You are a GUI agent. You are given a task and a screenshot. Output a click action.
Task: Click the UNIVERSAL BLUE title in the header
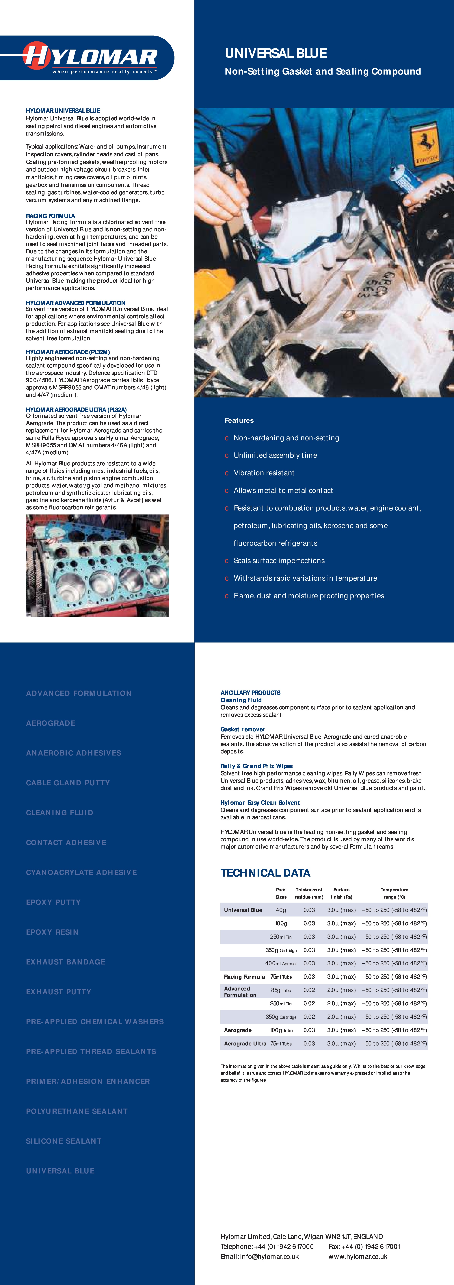tap(276, 53)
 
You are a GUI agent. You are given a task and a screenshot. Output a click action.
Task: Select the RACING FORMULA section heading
tap(50, 216)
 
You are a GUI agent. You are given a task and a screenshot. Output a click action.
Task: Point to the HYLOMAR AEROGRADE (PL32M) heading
tap(68, 352)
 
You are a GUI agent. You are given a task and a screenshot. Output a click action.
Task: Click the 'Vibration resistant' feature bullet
tap(264, 473)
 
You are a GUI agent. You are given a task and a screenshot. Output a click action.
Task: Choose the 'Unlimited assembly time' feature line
tap(275, 456)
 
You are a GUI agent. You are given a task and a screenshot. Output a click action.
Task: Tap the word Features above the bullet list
tap(239, 421)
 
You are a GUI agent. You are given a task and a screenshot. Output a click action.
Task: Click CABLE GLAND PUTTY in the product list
tap(68, 783)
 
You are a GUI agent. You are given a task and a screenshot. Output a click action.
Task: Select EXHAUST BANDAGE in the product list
tap(66, 962)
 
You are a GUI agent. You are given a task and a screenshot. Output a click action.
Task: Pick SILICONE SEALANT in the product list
tap(64, 1141)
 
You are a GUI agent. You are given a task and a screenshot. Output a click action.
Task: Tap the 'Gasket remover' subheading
tap(242, 729)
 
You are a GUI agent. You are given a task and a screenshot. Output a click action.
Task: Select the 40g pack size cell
tap(281, 910)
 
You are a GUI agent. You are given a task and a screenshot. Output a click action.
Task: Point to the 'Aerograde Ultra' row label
tap(245, 1044)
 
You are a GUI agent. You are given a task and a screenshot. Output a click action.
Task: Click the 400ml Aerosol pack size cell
tap(281, 963)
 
